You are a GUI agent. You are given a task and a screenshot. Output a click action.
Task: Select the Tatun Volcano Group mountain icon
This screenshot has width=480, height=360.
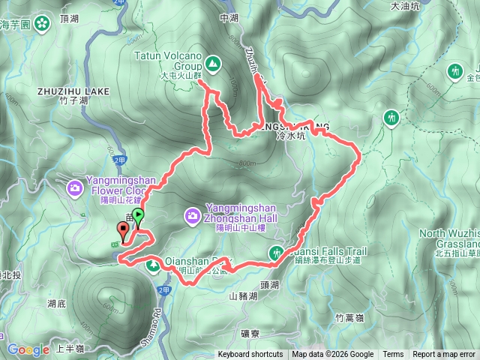(x=213, y=64)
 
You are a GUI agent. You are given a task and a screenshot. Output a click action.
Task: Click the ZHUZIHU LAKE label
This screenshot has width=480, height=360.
(x=73, y=91)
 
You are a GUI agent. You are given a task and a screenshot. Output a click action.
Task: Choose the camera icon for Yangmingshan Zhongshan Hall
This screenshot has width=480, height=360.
(x=193, y=217)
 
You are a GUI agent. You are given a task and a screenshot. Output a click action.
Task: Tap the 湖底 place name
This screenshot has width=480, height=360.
(x=57, y=304)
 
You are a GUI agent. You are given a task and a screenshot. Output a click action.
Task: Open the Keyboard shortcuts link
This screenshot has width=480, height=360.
(x=250, y=355)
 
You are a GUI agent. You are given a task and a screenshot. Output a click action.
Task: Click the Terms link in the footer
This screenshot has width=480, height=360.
(x=393, y=355)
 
